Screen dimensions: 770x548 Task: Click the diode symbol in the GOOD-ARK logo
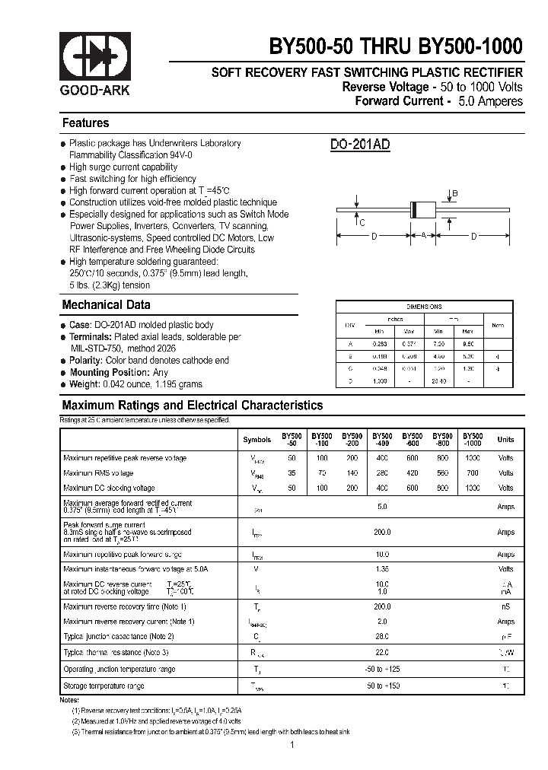tap(95, 54)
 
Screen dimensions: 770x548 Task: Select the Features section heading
tap(85, 123)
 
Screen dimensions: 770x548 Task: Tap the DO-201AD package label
tap(360, 145)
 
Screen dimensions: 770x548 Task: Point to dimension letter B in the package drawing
tap(454, 194)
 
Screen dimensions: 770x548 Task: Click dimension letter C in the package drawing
tap(362, 222)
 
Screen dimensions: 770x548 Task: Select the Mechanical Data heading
tap(106, 305)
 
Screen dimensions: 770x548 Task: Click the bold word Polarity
tap(86, 361)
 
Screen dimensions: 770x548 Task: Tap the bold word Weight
tap(84, 384)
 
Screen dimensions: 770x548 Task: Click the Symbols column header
tap(256, 440)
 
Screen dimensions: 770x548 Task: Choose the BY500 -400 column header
tap(381, 440)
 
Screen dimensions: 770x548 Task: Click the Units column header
tap(505, 440)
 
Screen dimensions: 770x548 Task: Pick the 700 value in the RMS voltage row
tap(473, 473)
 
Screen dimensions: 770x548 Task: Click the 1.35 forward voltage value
tap(382, 569)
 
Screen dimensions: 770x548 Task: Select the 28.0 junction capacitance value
tap(382, 636)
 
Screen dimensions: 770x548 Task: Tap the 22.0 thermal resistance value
tap(382, 653)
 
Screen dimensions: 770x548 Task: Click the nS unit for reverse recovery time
tap(505, 606)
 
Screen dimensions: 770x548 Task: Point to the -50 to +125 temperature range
tap(382, 670)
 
